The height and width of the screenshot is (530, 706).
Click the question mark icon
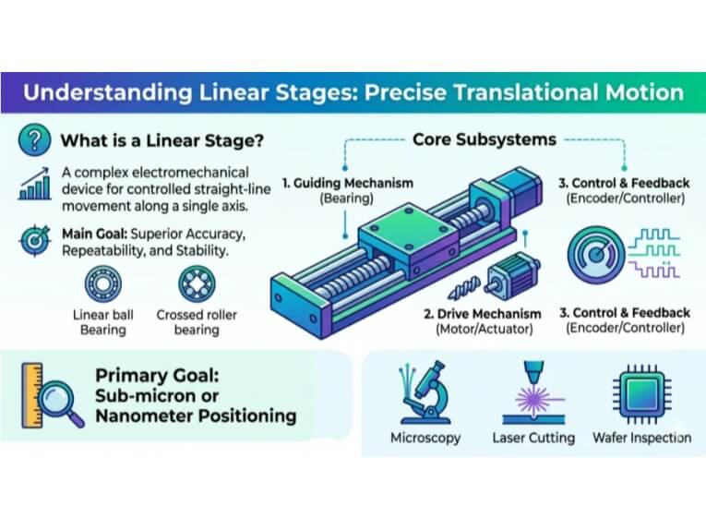click(35, 140)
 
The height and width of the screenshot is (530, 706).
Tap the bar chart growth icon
click(35, 184)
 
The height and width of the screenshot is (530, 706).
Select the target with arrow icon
click(35, 240)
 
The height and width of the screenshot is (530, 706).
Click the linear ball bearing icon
click(103, 283)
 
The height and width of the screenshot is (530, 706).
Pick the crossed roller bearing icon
click(197, 283)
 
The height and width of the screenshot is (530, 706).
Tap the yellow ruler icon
click(32, 395)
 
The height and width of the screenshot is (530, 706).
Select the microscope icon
click(425, 392)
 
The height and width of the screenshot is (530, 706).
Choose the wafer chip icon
click(642, 393)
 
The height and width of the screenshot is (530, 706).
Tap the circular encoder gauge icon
click(596, 256)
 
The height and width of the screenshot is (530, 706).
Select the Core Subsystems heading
click(485, 139)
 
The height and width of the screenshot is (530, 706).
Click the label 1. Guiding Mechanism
click(348, 183)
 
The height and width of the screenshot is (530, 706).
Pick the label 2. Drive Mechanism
click(483, 313)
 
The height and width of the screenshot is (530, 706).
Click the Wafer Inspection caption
click(642, 438)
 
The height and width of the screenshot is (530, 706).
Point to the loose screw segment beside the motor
click(464, 288)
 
